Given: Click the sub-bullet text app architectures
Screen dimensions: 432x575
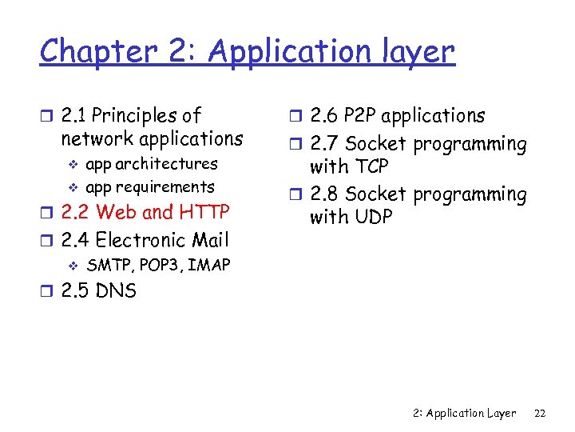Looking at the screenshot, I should pyautogui.click(x=152, y=164).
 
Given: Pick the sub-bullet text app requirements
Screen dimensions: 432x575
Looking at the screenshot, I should pyautogui.click(x=150, y=187).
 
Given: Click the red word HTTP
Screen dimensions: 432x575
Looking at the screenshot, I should pyautogui.click(x=204, y=212).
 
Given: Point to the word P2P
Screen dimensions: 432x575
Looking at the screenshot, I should pyautogui.click(x=362, y=116).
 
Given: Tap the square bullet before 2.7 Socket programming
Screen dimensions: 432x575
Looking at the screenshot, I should pyautogui.click(x=294, y=145).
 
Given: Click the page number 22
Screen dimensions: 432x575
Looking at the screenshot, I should pyautogui.click(x=539, y=413).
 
